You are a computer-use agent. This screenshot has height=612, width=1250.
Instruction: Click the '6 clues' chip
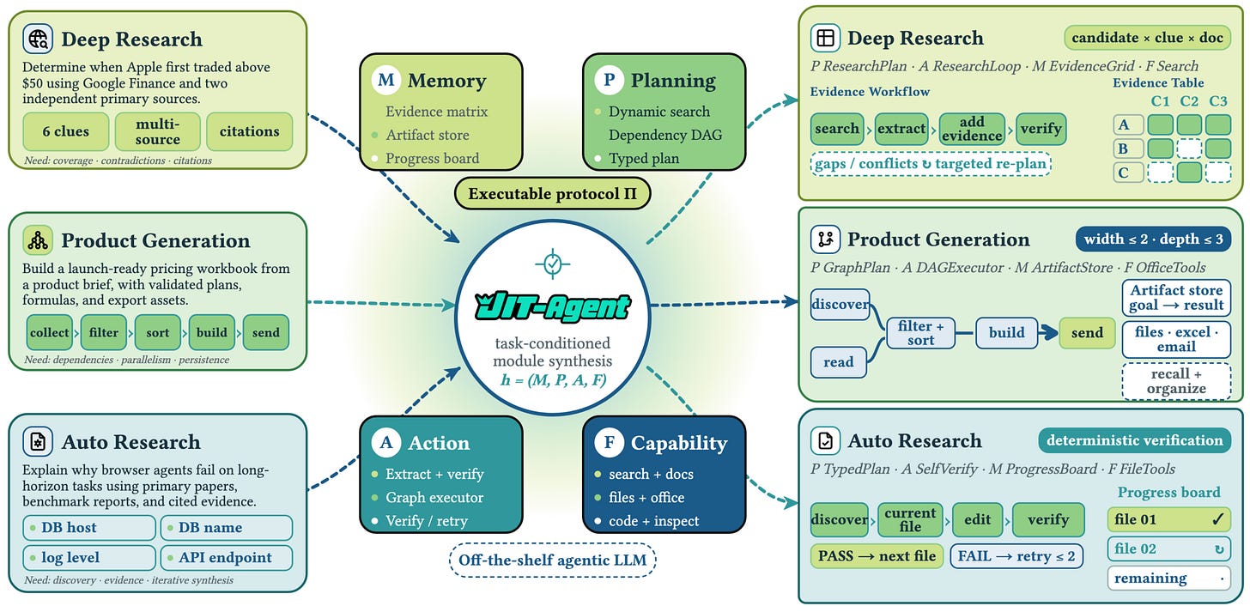66,131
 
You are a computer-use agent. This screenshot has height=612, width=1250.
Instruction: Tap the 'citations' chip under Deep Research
250,131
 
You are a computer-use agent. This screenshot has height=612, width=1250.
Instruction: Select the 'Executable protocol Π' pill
553,194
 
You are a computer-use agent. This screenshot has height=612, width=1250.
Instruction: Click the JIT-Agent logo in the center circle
553,306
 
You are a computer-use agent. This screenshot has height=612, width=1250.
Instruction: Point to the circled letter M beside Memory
386,80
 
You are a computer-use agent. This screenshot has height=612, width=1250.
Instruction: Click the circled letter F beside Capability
610,442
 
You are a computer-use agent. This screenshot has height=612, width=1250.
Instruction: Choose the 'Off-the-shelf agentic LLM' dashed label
553,560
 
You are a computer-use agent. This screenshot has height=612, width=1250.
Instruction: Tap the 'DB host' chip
89,527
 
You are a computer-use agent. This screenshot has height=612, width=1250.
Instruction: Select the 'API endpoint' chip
227,557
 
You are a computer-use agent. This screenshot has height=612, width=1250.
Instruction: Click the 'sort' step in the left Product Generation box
157,332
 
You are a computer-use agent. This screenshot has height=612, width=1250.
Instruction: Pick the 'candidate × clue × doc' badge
1147,38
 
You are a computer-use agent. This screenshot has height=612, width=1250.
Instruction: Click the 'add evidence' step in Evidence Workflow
972,129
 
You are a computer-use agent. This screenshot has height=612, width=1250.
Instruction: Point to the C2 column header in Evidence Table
1189,101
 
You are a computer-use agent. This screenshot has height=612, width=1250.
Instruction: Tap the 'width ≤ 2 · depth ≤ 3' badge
1154,239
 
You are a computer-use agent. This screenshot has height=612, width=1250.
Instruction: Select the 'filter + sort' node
920,333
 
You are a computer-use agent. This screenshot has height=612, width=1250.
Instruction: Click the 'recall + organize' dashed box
1176,381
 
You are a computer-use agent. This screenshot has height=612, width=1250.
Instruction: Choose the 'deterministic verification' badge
1135,440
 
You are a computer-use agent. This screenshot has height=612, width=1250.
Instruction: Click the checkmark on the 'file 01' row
1217,519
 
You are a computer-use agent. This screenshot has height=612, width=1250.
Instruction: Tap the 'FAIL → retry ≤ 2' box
1016,556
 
